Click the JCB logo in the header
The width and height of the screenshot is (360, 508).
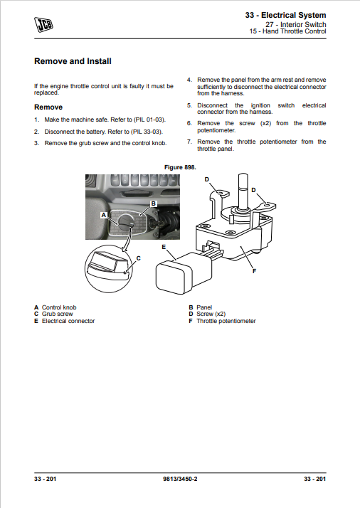coord(43,25)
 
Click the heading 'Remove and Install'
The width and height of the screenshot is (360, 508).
coord(73,61)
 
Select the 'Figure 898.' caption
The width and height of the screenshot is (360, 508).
coord(180,167)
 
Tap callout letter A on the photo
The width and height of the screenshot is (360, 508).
coord(104,215)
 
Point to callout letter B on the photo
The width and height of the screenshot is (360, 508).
coord(154,203)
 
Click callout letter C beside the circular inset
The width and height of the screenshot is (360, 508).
coord(139,258)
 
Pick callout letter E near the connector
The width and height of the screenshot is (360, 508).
coord(164,247)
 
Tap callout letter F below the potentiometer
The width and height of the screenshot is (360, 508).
coord(255,271)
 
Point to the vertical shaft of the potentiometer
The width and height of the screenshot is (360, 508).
coord(243,191)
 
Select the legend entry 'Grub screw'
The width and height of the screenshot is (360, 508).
coord(58,314)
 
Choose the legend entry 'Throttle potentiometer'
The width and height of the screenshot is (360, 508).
coord(226,321)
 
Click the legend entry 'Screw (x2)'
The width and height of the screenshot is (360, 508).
coord(211,314)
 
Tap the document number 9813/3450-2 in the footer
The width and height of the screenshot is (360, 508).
coord(180,479)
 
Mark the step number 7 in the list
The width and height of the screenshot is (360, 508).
coord(189,142)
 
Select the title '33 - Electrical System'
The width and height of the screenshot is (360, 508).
coord(285,15)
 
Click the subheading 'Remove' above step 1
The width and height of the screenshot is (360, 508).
coord(48,107)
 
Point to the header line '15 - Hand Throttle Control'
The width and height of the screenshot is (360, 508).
coord(287,31)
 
